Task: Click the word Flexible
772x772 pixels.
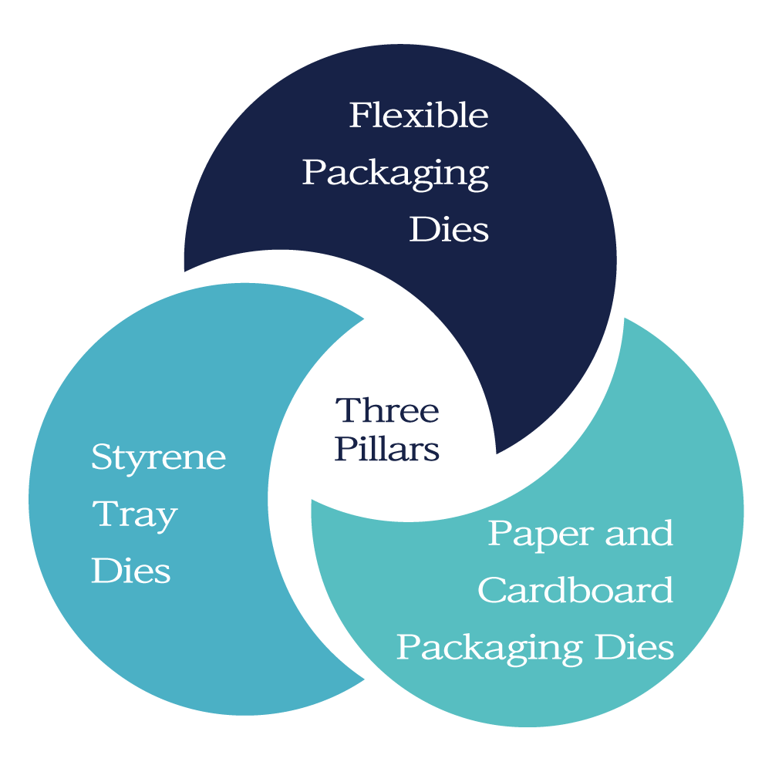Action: (419, 116)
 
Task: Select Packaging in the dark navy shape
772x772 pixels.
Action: (395, 173)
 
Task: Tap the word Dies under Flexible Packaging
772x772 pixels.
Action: (449, 229)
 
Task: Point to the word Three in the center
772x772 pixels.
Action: (387, 410)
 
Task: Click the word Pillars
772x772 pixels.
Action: (387, 449)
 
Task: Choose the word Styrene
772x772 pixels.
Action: (159, 458)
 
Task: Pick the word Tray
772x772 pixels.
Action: (135, 515)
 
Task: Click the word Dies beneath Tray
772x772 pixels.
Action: (131, 571)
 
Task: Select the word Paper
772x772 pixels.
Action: (538, 534)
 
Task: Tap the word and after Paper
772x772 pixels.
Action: (639, 534)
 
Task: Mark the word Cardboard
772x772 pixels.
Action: (575, 591)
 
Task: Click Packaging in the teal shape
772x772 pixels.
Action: (490, 648)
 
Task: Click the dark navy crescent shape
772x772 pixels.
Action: (540, 308)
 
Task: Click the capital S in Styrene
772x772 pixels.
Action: (101, 457)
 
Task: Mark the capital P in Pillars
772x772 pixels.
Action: (345, 449)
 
